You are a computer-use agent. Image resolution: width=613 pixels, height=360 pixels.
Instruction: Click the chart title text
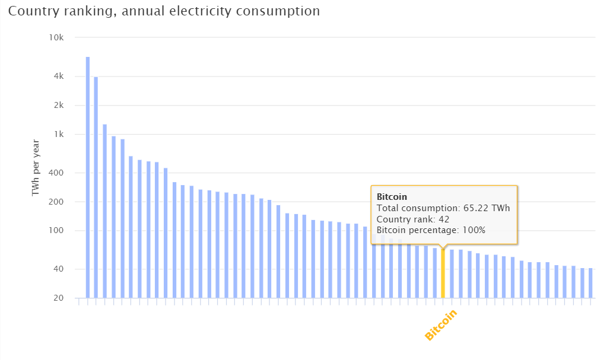tap(164, 11)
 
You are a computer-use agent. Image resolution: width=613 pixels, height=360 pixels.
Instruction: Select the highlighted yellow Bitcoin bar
tap(443, 273)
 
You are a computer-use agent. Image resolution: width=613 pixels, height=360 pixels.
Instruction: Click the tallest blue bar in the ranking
tap(88, 178)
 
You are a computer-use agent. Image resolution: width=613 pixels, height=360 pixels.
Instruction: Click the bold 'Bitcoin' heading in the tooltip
tap(392, 197)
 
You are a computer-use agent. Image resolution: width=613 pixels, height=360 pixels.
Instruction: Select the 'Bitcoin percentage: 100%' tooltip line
tap(431, 230)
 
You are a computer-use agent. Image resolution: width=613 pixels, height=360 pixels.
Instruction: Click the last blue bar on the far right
tap(590, 283)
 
